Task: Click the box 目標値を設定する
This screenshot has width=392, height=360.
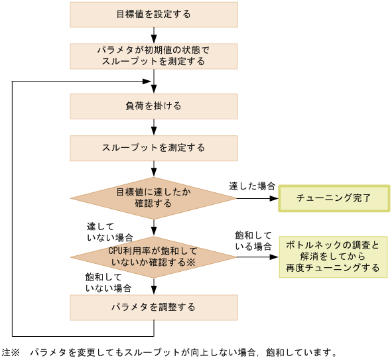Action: click(x=154, y=14)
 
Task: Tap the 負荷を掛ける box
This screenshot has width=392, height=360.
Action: click(x=154, y=106)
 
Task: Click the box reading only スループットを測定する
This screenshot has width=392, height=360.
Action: click(x=154, y=147)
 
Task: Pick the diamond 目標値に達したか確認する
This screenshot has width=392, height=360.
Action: click(x=154, y=198)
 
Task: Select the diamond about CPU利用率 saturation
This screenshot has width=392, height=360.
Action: click(x=154, y=257)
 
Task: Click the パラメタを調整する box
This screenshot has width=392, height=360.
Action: click(x=154, y=307)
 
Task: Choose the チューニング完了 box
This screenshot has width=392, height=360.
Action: click(x=333, y=198)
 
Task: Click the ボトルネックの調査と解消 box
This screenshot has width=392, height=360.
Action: click(x=333, y=257)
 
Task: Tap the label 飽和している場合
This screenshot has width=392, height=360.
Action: click(x=253, y=241)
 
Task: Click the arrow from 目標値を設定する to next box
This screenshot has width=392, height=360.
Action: click(x=154, y=35)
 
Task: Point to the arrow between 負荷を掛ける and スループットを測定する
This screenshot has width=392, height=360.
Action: click(x=154, y=127)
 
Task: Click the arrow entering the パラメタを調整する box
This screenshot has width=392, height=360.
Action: click(x=154, y=287)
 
